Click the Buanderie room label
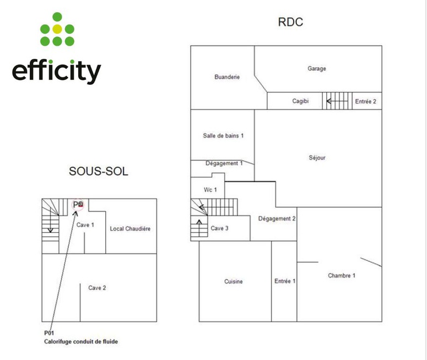pyautogui.click(x=227, y=77)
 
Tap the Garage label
pyautogui.click(x=317, y=69)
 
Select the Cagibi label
pyautogui.click(x=300, y=101)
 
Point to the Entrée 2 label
pyautogui.click(x=366, y=101)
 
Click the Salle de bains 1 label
pyautogui.click(x=223, y=135)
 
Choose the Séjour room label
pyautogui.click(x=317, y=158)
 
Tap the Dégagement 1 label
pyautogui.click(x=224, y=163)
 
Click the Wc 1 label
pyautogui.click(x=210, y=189)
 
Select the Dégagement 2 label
pyautogui.click(x=277, y=219)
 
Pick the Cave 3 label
pyautogui.click(x=219, y=228)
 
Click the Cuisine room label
pyautogui.click(x=234, y=281)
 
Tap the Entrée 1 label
pyautogui.click(x=285, y=281)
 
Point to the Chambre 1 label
pyautogui.click(x=342, y=276)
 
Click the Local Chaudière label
pyautogui.click(x=130, y=228)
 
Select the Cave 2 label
pyautogui.click(x=97, y=287)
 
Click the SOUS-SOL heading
pyautogui.click(x=98, y=171)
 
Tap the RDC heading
pyautogui.click(x=291, y=23)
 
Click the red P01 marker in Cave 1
pyautogui.click(x=80, y=204)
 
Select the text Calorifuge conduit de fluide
pyautogui.click(x=81, y=341)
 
